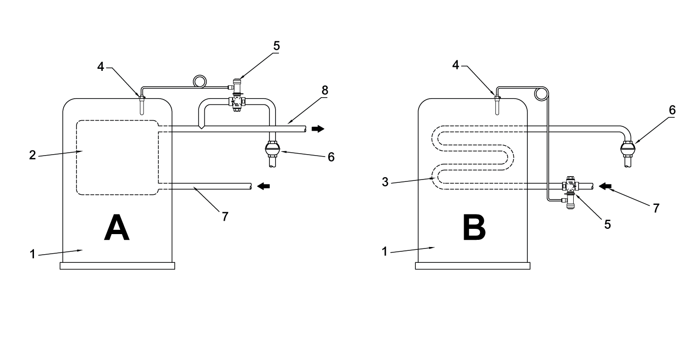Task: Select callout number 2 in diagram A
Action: click(x=32, y=156)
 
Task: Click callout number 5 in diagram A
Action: click(x=277, y=46)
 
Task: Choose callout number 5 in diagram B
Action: click(x=607, y=224)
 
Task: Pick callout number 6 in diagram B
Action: click(x=672, y=111)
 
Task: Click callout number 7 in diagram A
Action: click(x=224, y=216)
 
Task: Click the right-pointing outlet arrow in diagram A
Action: click(x=317, y=129)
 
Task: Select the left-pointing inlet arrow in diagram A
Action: click(x=264, y=186)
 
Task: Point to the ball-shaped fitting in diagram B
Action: click(x=628, y=150)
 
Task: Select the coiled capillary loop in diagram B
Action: click(x=541, y=94)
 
